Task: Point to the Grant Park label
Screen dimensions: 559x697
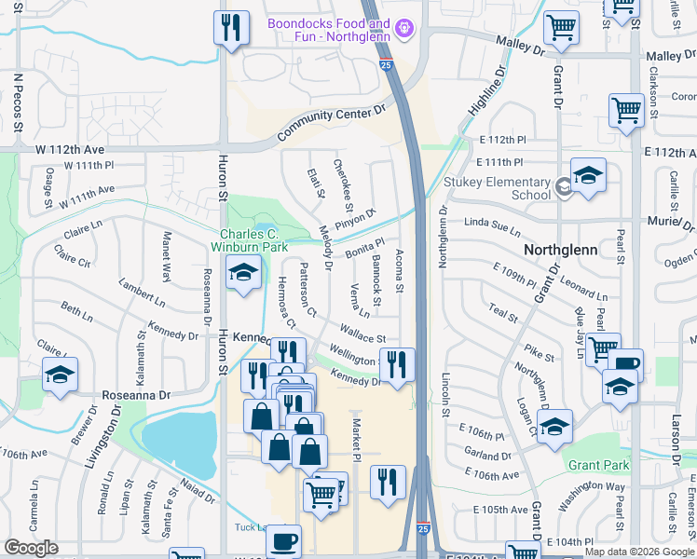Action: coord(598,465)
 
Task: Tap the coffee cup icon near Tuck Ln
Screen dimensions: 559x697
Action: coord(283,540)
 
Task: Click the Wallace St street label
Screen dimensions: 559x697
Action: coord(362,333)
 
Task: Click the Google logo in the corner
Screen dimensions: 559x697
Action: coord(32,548)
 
